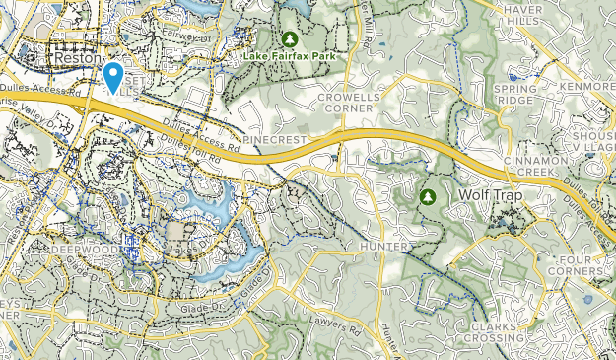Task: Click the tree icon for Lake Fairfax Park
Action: coord(289,39)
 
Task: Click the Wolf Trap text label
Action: coord(490,195)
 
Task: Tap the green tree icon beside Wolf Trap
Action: coord(428,196)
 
